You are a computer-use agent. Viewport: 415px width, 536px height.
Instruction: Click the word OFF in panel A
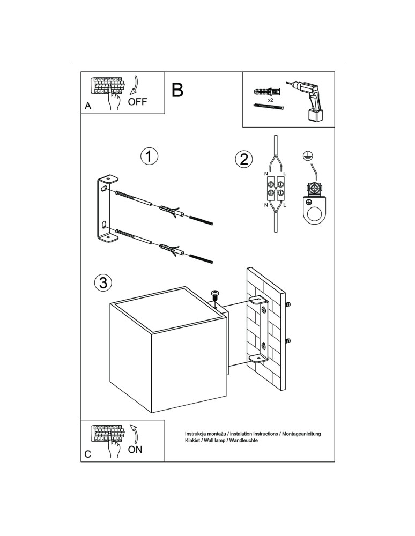[137, 102]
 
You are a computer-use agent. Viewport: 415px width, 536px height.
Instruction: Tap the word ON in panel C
[135, 450]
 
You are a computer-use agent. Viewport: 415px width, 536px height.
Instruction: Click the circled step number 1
[150, 157]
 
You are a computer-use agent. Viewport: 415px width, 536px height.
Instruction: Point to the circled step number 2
[243, 159]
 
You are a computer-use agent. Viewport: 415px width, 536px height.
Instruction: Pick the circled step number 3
[102, 282]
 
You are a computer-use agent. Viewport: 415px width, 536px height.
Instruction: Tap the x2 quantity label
[271, 100]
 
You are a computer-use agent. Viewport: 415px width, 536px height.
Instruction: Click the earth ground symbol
[308, 155]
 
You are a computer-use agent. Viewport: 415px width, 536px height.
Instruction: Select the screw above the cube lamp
[216, 294]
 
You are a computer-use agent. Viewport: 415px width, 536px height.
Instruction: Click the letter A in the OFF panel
[88, 107]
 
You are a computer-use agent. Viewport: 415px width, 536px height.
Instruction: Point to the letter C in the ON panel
[88, 455]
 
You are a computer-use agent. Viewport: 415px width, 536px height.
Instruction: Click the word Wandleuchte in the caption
[242, 440]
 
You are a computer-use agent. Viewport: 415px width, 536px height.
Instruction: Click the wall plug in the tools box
[268, 91]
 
